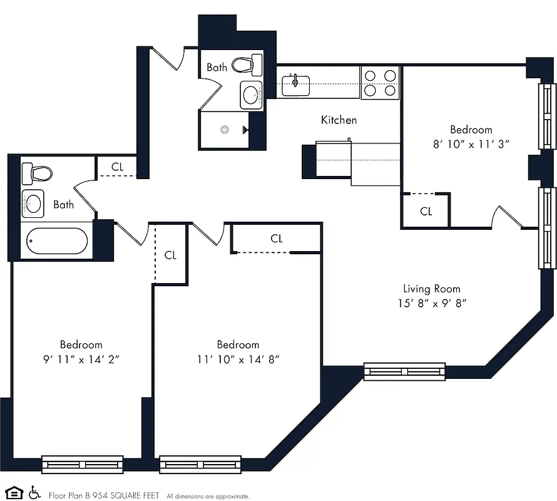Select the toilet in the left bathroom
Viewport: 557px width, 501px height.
tap(35, 173)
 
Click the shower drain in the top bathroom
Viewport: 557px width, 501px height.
tap(225, 130)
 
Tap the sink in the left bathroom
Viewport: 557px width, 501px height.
tap(33, 203)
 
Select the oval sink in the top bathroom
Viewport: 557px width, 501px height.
tap(252, 95)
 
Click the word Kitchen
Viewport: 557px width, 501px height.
tap(339, 120)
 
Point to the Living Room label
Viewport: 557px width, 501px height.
tap(431, 289)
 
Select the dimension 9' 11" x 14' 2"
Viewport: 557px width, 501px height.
tap(81, 359)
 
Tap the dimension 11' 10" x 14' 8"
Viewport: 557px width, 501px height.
tap(238, 359)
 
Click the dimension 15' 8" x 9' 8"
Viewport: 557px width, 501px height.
tap(431, 303)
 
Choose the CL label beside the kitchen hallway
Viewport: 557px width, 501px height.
tap(118, 167)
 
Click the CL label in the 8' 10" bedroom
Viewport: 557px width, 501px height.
tap(426, 212)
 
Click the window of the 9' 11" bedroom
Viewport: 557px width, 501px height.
tap(74, 465)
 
